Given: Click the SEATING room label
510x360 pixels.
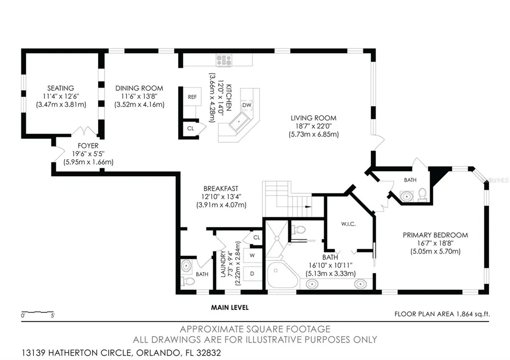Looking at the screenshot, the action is (x=60, y=88).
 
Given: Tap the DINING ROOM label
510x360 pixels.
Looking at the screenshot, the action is (x=139, y=88).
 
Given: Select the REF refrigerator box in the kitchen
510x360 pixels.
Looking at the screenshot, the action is (x=192, y=97).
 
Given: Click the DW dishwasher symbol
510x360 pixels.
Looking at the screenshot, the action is (x=247, y=105).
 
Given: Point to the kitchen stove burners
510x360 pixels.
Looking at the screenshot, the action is (x=225, y=60).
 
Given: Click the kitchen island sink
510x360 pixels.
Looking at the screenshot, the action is (x=240, y=121).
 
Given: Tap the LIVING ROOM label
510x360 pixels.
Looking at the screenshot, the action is (x=314, y=118).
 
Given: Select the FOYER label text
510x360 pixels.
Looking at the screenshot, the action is (x=88, y=146).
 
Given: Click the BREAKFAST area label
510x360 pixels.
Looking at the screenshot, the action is (x=221, y=189).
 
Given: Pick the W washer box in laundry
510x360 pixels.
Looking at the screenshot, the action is (x=253, y=255).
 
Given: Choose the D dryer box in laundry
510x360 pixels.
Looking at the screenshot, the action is (x=253, y=274).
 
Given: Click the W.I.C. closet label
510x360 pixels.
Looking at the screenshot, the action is (x=348, y=224).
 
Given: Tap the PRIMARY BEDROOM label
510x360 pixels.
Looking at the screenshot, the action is (x=435, y=235).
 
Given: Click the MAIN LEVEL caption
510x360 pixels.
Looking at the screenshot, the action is (x=230, y=307).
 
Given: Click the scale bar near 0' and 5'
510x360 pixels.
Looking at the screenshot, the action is (x=37, y=312).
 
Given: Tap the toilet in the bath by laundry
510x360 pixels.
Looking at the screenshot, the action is (x=187, y=281).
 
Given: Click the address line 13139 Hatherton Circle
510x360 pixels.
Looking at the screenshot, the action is (x=122, y=353).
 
